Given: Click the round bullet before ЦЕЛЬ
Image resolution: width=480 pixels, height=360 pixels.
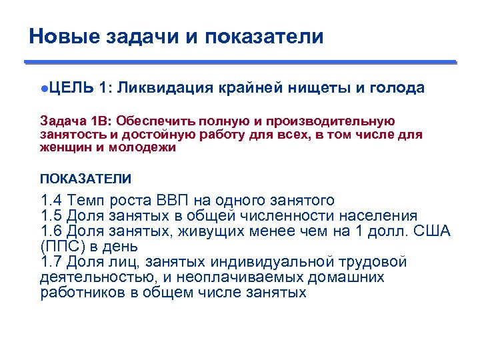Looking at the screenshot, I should (44, 89).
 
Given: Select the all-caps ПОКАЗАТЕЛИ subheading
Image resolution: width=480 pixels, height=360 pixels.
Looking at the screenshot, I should (85, 178).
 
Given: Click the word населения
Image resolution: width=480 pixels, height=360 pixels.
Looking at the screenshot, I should (378, 216).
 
